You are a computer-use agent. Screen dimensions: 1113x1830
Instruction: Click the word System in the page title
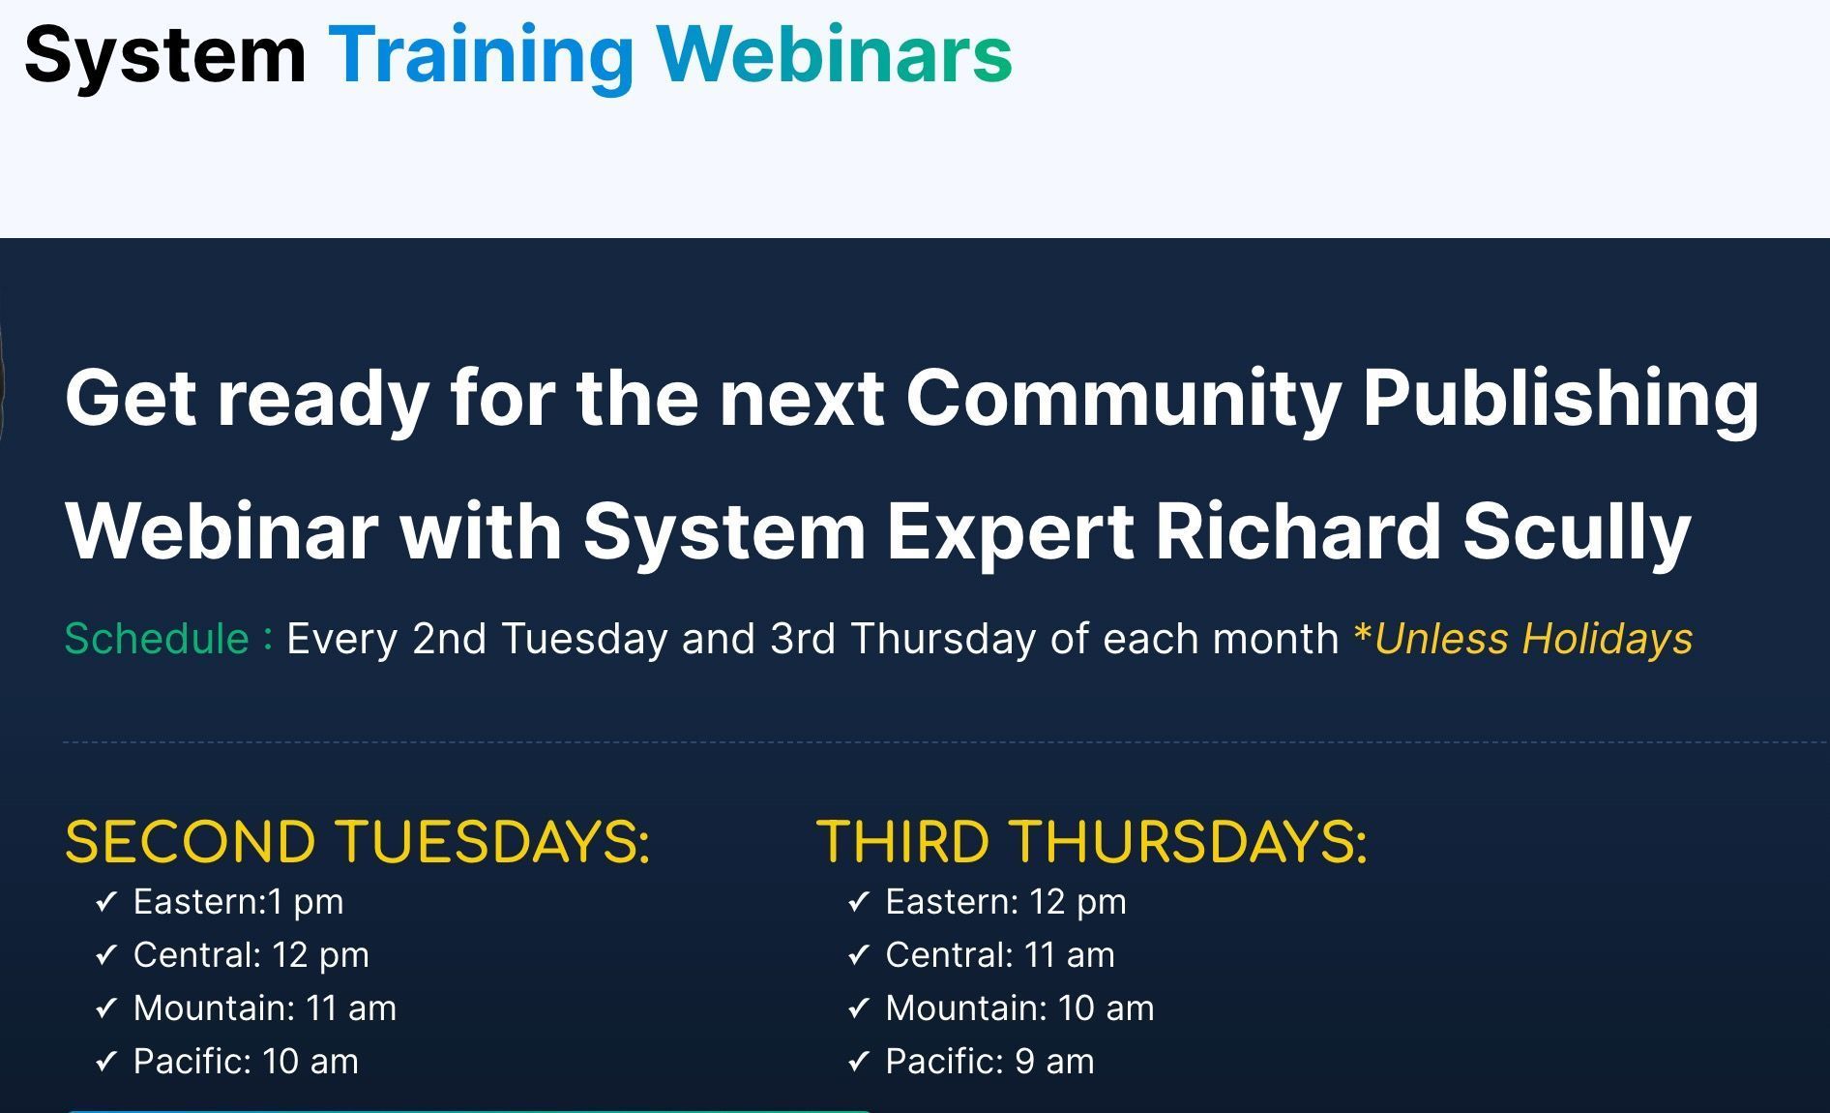pyautogui.click(x=164, y=55)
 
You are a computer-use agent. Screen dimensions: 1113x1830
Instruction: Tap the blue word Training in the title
pyautogui.click(x=481, y=55)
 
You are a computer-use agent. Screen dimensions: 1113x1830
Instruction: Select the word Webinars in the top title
pyautogui.click(x=835, y=55)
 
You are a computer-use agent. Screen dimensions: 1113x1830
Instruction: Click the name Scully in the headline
pyautogui.click(x=1576, y=531)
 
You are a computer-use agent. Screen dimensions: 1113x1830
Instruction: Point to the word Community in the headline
pyautogui.click(x=1123, y=398)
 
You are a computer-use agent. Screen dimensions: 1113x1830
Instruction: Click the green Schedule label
pyautogui.click(x=157, y=639)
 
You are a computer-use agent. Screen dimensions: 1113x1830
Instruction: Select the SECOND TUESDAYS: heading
pyautogui.click(x=357, y=841)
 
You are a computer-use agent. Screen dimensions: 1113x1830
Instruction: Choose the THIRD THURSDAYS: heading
pyautogui.click(x=1091, y=841)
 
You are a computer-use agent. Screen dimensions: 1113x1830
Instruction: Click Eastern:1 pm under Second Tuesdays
pyautogui.click(x=238, y=902)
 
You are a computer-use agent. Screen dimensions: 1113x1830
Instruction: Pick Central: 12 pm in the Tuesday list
pyautogui.click(x=251, y=955)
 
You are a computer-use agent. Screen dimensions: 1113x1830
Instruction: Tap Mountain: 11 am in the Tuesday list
pyautogui.click(x=264, y=1008)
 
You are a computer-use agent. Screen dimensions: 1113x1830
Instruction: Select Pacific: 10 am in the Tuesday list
pyautogui.click(x=246, y=1062)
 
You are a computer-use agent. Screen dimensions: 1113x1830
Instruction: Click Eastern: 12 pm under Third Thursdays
pyautogui.click(x=1006, y=902)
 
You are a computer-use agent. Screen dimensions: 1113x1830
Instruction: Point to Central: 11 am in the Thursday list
pyautogui.click(x=999, y=955)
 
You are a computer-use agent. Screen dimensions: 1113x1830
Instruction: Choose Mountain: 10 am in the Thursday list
pyautogui.click(x=1019, y=1008)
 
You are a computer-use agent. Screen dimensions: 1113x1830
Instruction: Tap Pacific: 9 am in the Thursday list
pyautogui.click(x=989, y=1062)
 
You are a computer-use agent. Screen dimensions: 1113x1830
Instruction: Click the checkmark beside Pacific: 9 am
pyautogui.click(x=858, y=1062)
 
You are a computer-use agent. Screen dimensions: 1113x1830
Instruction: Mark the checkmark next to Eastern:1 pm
pyautogui.click(x=105, y=902)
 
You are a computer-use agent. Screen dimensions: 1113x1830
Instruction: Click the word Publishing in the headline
pyautogui.click(x=1560, y=398)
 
